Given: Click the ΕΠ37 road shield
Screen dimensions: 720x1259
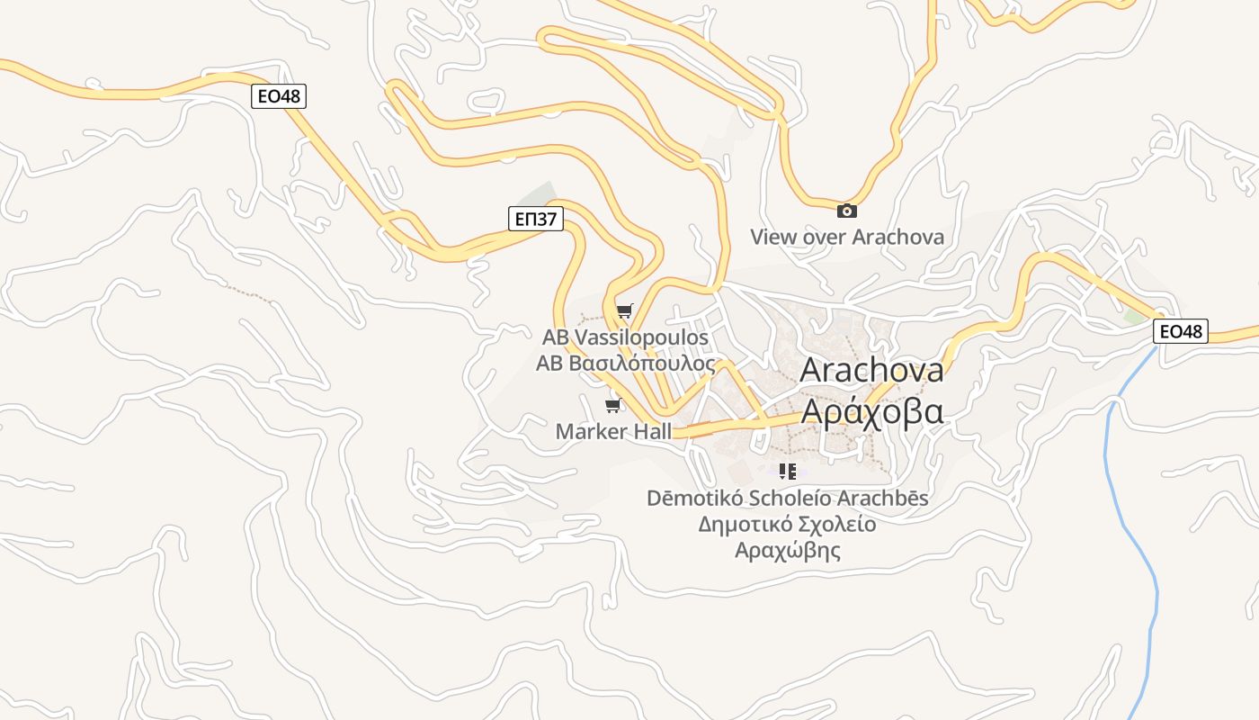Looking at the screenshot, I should (535, 219).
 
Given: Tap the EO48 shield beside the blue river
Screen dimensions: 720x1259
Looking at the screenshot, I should (1180, 331).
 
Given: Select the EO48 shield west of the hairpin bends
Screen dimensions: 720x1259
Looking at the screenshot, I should (278, 96).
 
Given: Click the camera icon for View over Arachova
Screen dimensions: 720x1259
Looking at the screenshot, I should (846, 211).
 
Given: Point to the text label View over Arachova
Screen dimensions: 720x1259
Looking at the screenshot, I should (847, 237).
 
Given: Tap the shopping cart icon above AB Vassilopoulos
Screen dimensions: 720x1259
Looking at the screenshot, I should (624, 311).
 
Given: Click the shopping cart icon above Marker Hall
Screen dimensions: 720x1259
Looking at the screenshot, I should (613, 406).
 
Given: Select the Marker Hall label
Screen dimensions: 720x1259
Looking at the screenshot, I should (613, 431).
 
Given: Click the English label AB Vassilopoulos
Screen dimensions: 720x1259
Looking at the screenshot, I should (625, 337).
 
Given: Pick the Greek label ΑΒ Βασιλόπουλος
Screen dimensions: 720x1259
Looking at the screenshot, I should (625, 364).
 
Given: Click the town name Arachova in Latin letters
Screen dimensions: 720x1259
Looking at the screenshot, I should (871, 370).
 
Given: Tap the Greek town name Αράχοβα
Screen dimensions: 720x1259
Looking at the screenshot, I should (871, 411).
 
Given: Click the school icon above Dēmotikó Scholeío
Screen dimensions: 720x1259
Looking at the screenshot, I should (788, 471).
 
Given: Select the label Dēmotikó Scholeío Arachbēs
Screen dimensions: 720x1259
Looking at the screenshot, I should (787, 498).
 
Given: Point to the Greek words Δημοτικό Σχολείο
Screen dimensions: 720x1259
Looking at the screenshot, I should (787, 524).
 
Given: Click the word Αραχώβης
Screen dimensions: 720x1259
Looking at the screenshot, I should (787, 550).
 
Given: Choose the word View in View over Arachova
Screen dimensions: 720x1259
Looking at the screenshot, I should (772, 237).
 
